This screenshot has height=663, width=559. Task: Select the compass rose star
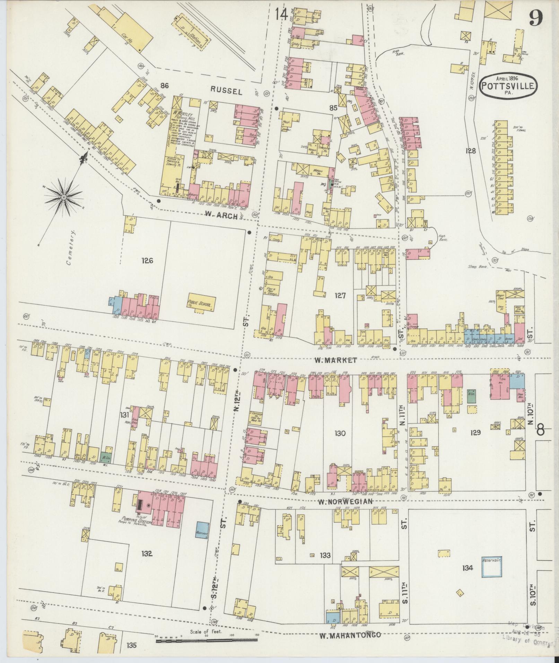point(64,197)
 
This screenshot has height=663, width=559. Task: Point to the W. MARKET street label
point(335,360)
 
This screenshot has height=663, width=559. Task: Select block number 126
point(147,260)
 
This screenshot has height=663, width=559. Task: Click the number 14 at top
point(281,15)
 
